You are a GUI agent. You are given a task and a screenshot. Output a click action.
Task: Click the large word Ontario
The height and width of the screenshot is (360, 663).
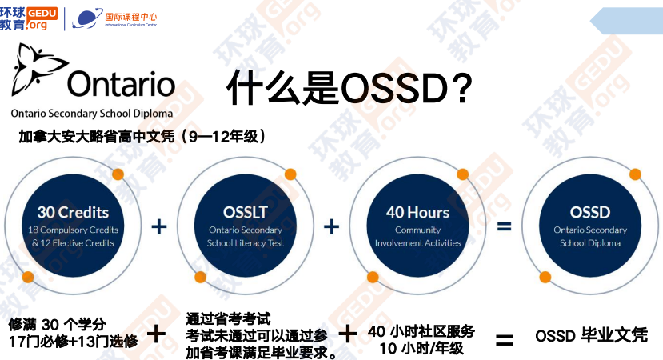point(121,83)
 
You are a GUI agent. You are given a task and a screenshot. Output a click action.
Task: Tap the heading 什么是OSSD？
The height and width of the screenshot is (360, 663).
point(347,86)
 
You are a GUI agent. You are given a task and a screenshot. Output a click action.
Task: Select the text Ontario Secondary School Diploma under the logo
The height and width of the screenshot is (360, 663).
point(90,114)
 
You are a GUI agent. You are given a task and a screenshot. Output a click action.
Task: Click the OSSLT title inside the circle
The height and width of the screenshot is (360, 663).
point(245,212)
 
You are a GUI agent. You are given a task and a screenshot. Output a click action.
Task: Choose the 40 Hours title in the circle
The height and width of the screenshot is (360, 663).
point(417,212)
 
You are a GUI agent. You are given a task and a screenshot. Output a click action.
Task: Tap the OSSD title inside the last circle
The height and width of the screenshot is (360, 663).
point(590,212)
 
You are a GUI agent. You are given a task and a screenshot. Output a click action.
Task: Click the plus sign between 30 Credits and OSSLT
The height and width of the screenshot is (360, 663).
point(158,227)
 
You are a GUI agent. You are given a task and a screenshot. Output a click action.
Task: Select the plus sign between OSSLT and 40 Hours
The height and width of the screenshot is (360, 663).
point(331,227)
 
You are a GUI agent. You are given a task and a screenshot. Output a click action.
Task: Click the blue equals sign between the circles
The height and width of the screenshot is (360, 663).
point(505,227)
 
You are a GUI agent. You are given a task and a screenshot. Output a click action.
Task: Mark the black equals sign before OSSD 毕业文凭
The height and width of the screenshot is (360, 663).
point(505,339)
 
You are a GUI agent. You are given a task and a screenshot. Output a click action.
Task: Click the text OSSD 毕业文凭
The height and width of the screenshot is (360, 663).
point(591,335)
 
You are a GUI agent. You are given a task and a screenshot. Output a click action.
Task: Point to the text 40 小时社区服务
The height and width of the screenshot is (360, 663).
point(421,330)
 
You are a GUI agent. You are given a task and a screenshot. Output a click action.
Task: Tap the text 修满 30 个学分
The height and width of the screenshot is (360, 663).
point(57,324)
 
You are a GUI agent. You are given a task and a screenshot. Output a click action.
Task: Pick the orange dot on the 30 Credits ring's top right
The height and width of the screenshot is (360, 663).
point(118,174)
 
